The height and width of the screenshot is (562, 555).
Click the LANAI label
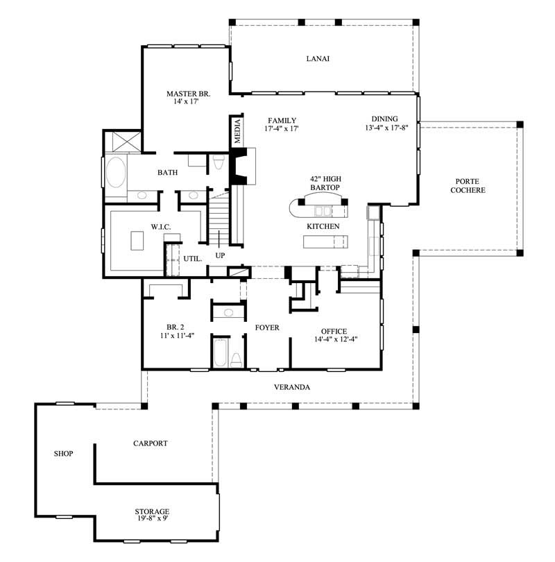pos(318,58)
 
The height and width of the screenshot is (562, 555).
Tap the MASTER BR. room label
pos(188,94)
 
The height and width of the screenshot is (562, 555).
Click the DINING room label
pos(384,119)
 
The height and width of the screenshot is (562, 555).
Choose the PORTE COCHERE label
pos(468,185)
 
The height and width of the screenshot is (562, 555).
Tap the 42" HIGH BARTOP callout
pos(325,183)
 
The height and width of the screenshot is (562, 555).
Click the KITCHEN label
pos(323,227)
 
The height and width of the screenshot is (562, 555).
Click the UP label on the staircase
pos(220,255)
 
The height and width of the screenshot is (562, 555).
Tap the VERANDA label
pos(291,387)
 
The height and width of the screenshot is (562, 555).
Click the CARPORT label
pos(151,443)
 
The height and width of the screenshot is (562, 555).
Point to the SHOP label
pos(64,454)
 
